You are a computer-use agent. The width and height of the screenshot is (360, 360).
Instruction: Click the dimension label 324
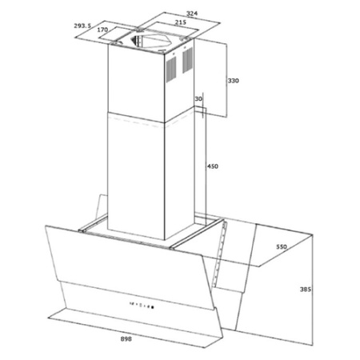coord(192,13)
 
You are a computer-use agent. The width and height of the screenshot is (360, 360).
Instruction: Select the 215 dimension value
coord(181,22)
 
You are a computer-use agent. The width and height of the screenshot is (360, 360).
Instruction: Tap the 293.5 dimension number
coord(82,26)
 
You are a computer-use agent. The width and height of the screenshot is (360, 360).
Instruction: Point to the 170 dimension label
coord(102,30)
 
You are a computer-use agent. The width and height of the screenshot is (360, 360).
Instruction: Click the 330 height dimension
coord(234,81)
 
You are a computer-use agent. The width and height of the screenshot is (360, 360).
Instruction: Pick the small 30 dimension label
coord(198,99)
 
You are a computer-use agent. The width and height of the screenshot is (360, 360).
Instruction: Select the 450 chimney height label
coord(213,166)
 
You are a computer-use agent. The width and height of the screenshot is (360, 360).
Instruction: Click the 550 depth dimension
coord(282,246)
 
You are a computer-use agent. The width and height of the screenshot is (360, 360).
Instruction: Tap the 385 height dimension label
coord(306,289)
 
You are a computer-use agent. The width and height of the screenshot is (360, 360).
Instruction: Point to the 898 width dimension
coord(126,339)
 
